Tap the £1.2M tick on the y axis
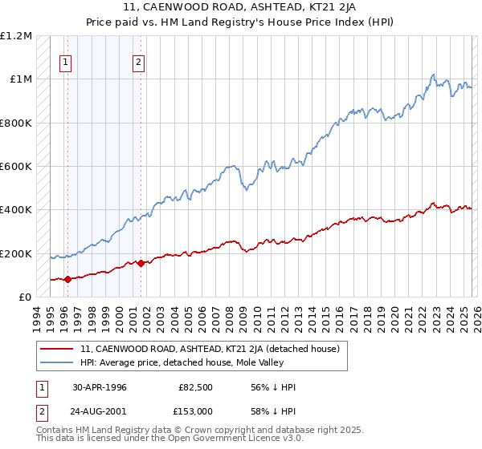16,36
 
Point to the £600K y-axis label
16,167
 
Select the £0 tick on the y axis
24,297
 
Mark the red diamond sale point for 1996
67,279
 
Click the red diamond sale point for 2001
141,263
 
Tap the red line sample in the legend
58,349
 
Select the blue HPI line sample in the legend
58,362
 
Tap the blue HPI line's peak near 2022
432,75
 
